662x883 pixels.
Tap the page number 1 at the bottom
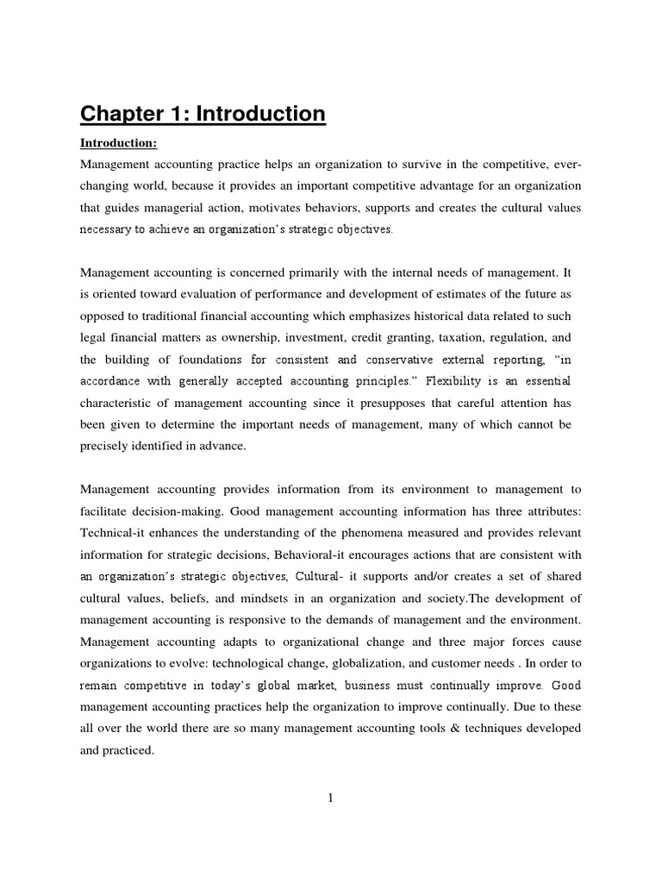(330, 798)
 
